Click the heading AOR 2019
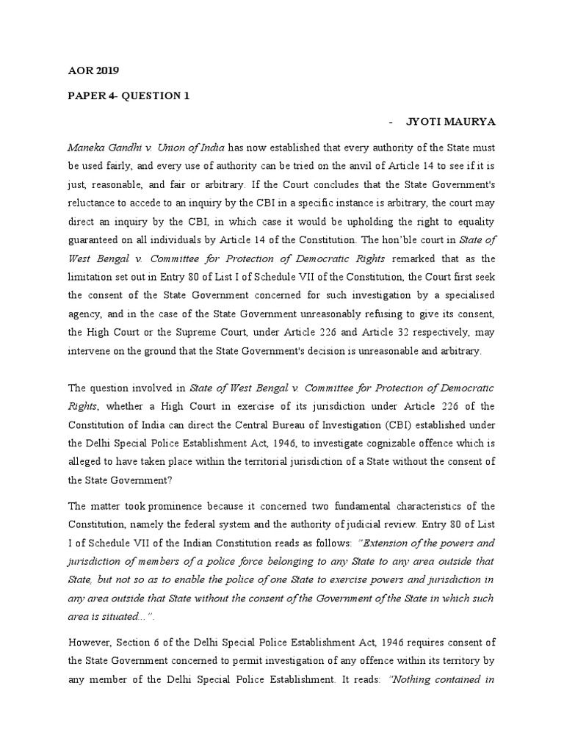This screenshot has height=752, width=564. point(93,71)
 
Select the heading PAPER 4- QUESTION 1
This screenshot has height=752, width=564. point(129,95)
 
